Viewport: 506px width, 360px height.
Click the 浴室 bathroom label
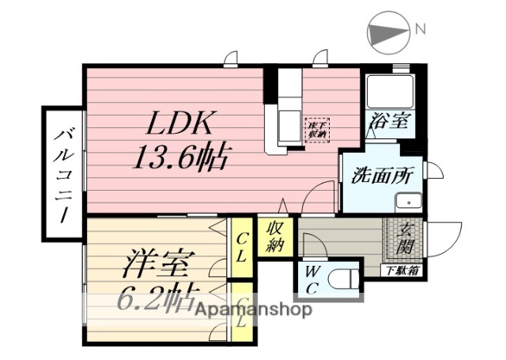(x=387, y=122)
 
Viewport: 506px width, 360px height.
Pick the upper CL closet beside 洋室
(x=242, y=246)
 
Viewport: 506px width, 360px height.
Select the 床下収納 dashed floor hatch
(x=318, y=129)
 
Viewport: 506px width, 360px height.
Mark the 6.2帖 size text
(x=159, y=299)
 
